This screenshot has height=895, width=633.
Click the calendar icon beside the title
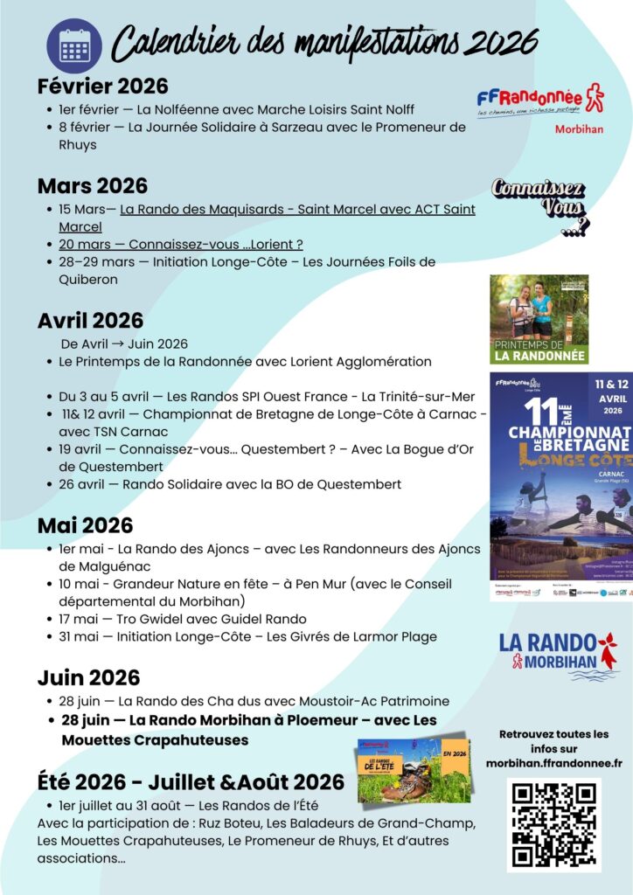73,45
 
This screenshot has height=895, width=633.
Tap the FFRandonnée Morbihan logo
540,108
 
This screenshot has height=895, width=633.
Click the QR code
553,824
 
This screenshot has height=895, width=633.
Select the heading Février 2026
102,87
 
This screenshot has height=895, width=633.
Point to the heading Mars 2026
93,186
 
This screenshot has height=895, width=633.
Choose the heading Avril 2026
90,321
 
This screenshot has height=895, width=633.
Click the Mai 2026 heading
85,525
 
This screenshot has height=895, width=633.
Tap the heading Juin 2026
88,678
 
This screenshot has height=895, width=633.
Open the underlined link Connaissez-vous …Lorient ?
181,245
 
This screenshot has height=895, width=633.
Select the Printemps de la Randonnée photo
539,319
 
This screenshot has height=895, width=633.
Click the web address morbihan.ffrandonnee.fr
553,763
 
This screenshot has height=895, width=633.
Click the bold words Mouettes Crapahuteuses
155,740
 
